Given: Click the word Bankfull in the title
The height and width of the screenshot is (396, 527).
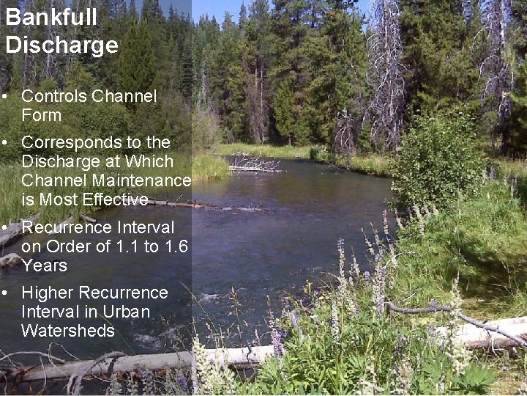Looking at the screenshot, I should click(x=41, y=18).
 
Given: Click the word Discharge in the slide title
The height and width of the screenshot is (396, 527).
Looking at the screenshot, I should click(x=61, y=45).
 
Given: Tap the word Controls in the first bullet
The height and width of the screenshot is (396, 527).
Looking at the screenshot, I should click(x=52, y=96).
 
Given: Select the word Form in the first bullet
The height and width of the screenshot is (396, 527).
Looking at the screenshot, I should click(x=42, y=115).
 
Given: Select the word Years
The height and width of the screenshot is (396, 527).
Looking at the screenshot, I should click(x=44, y=265).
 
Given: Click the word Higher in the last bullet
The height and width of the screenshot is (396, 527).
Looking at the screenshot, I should click(x=46, y=293).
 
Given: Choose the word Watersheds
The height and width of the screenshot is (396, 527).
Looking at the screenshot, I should click(x=68, y=331).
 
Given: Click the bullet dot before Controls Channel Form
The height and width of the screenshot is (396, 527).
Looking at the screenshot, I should click(x=5, y=97).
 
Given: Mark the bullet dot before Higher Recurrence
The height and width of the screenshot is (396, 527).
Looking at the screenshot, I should click(x=5, y=293).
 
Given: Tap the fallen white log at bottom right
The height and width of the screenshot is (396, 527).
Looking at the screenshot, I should click(x=487, y=331).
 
